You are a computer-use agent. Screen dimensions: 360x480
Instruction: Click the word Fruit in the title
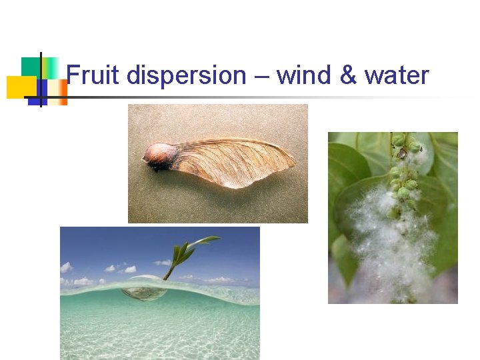coord(93,76)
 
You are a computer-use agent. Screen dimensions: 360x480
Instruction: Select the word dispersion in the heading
coord(186,77)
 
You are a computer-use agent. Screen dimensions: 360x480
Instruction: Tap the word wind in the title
coord(304,76)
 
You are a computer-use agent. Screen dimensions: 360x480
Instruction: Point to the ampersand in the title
coord(348,76)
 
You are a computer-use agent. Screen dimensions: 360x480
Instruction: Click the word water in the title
coord(397,76)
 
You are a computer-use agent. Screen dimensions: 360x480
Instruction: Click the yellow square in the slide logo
coord(20,87)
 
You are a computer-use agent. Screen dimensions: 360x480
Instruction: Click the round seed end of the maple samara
coord(161,156)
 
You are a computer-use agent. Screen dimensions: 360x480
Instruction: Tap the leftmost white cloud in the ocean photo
coord(65,268)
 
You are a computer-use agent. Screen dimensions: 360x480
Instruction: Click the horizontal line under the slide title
coord(267,97)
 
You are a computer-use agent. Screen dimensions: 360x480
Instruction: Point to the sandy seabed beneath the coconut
coord(160,333)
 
